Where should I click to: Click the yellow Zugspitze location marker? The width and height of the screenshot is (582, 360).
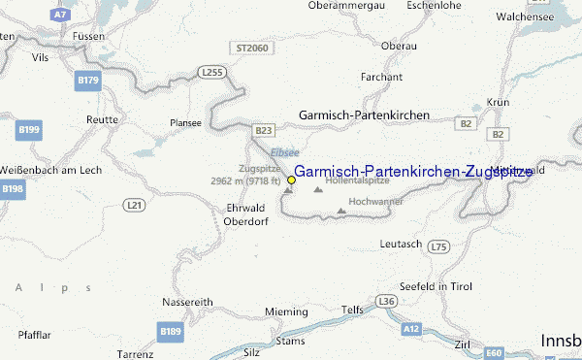click(x=291, y=180)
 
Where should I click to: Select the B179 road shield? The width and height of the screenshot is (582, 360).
click(x=87, y=80)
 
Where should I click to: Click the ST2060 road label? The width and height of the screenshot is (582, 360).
click(x=250, y=47)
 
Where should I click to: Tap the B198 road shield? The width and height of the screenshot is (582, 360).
click(x=11, y=188)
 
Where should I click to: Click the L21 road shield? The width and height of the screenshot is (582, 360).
click(x=135, y=204)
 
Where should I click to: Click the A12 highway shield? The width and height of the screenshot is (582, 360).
click(x=411, y=330)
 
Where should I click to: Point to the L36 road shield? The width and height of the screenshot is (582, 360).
click(x=387, y=302)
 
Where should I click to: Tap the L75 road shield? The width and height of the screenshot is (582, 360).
click(x=439, y=247)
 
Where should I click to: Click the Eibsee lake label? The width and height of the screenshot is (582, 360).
click(x=285, y=152)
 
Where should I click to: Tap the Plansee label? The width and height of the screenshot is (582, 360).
click(x=185, y=123)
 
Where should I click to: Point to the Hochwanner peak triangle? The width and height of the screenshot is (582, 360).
click(x=340, y=211)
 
